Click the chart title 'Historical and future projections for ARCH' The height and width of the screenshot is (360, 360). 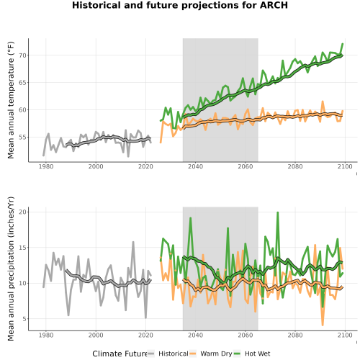[x=180, y=5]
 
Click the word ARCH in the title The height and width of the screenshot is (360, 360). [x=274, y=5]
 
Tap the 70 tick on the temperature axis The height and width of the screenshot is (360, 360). [x=23, y=55]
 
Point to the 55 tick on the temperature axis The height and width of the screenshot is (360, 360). [x=23, y=138]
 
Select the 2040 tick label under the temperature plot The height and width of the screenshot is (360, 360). [x=195, y=166]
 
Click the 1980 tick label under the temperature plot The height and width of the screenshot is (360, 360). [x=46, y=166]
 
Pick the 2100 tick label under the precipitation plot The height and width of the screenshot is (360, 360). [x=345, y=336]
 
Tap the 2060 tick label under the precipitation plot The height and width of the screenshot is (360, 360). [x=246, y=336]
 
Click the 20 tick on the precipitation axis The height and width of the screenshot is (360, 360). [x=23, y=212]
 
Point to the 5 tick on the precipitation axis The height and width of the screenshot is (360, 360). [x=24, y=319]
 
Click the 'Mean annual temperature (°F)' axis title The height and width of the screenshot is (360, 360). [x=11, y=100]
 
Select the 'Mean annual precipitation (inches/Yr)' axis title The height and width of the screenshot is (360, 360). [x=11, y=269]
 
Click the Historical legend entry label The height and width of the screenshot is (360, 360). [x=174, y=354]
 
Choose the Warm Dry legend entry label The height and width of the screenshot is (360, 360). [x=216, y=354]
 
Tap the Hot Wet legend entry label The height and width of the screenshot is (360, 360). [x=258, y=354]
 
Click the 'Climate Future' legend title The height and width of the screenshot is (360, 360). [x=120, y=354]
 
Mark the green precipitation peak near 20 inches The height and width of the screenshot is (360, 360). [x=278, y=212]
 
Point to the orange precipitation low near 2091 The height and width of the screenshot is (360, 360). [x=323, y=325]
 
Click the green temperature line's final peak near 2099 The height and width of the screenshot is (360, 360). [x=343, y=44]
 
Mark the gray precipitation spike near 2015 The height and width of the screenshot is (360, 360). [x=133, y=242]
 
